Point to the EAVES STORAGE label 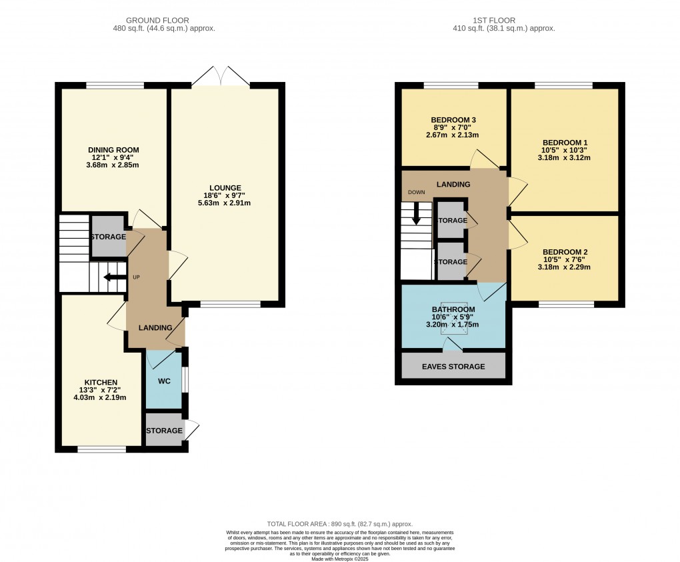point(453,367)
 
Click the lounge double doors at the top point(221,75)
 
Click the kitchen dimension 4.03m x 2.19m point(100,397)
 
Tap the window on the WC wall point(185,379)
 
